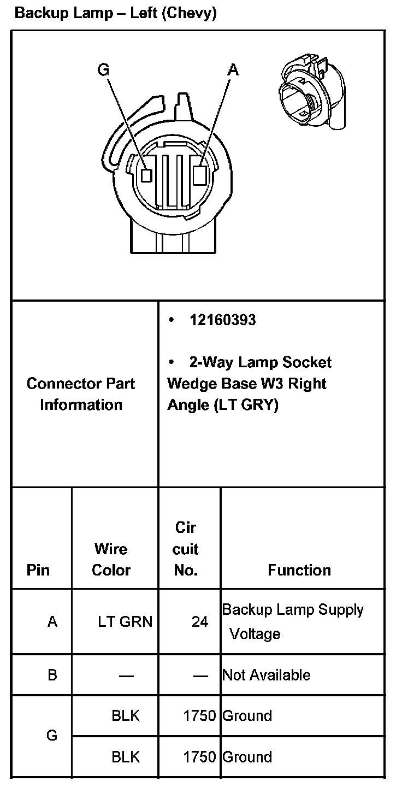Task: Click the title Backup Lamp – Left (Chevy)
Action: point(116,14)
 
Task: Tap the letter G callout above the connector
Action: point(103,69)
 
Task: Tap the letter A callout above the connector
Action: point(233,69)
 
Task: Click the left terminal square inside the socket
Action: point(146,175)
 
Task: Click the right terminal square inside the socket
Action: point(200,175)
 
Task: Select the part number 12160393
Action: point(222,320)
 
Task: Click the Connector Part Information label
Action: point(81,394)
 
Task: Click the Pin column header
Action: point(38,571)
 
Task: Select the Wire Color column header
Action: point(111,560)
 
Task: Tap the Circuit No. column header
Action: point(186,549)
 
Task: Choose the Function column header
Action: point(299,571)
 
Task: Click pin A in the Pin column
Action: point(52,622)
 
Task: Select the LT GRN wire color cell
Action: point(125,622)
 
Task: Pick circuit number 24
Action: point(200,622)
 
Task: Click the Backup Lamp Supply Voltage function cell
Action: point(293,621)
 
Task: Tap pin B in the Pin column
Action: point(52,675)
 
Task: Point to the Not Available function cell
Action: point(267,675)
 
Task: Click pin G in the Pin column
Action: point(52,736)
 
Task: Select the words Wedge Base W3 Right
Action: point(247,384)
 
